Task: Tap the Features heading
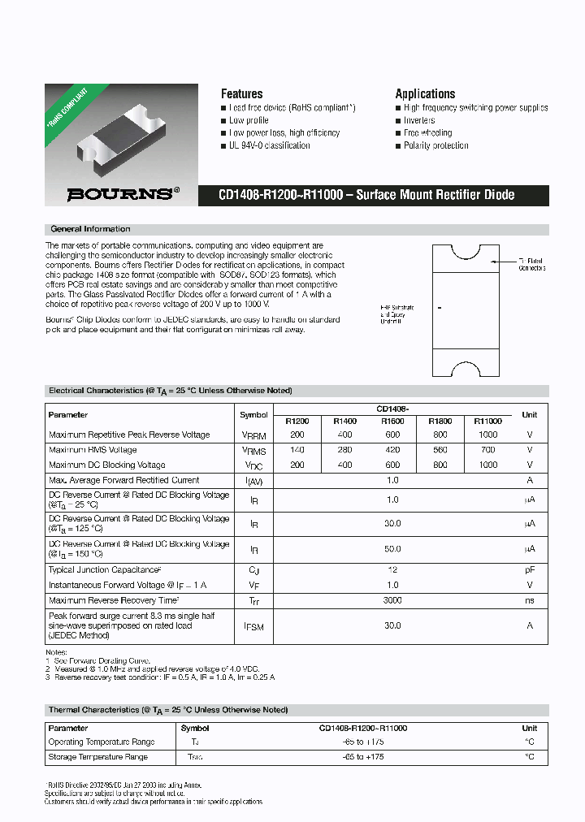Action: tap(241, 93)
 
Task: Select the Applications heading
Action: tap(425, 93)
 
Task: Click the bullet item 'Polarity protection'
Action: tap(435, 145)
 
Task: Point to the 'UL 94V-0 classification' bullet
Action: tap(269, 145)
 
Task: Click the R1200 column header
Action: tap(297, 422)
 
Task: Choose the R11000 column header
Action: tap(487, 422)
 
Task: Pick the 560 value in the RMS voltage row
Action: tap(440, 449)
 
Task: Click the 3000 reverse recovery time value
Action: tap(392, 600)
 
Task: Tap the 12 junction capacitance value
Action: tap(392, 570)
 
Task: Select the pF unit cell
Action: tap(530, 570)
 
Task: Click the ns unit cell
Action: tap(530, 600)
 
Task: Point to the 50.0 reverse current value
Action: tap(392, 549)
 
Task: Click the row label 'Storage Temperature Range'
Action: tap(98, 757)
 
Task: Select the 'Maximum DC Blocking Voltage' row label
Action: tap(106, 465)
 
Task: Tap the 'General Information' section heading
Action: tap(90, 229)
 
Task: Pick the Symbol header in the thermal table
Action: tap(195, 729)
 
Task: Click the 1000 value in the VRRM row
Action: tap(487, 435)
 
